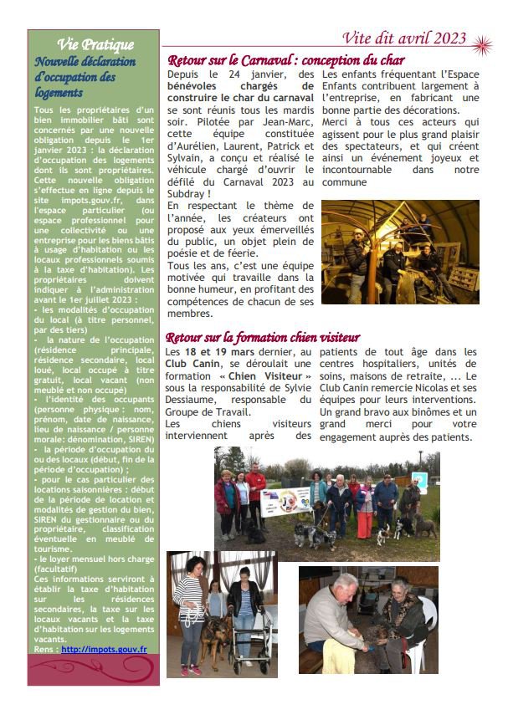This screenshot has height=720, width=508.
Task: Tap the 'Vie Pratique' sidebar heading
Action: (95, 44)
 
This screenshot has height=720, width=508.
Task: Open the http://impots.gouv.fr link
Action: (104, 648)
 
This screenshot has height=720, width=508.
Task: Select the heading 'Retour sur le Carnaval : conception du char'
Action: (286, 60)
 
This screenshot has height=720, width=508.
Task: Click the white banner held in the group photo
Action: (286, 500)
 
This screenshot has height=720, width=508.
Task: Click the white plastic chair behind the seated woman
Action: (428, 623)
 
